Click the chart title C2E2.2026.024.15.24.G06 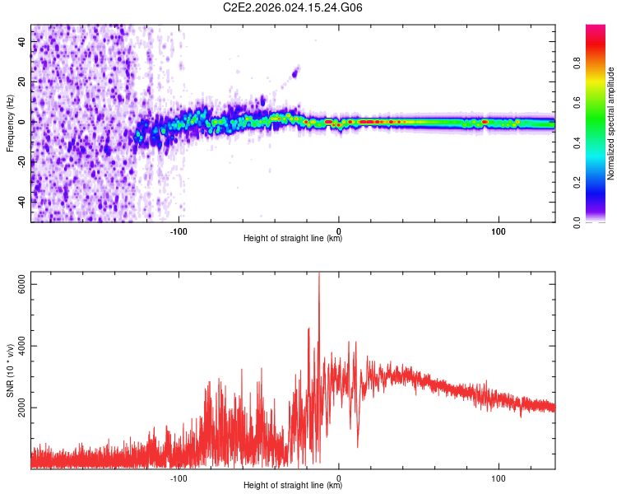coord(293,7)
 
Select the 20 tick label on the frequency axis coord(23,82)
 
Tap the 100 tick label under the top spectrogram coord(499,231)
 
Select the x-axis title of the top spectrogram coord(293,239)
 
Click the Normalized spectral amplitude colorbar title coord(610,123)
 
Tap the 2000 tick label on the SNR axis coord(23,408)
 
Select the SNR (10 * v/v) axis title coord(9,370)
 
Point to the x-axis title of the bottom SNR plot coord(293,486)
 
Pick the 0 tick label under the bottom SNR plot coord(339,478)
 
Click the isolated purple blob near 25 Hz coord(296,72)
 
